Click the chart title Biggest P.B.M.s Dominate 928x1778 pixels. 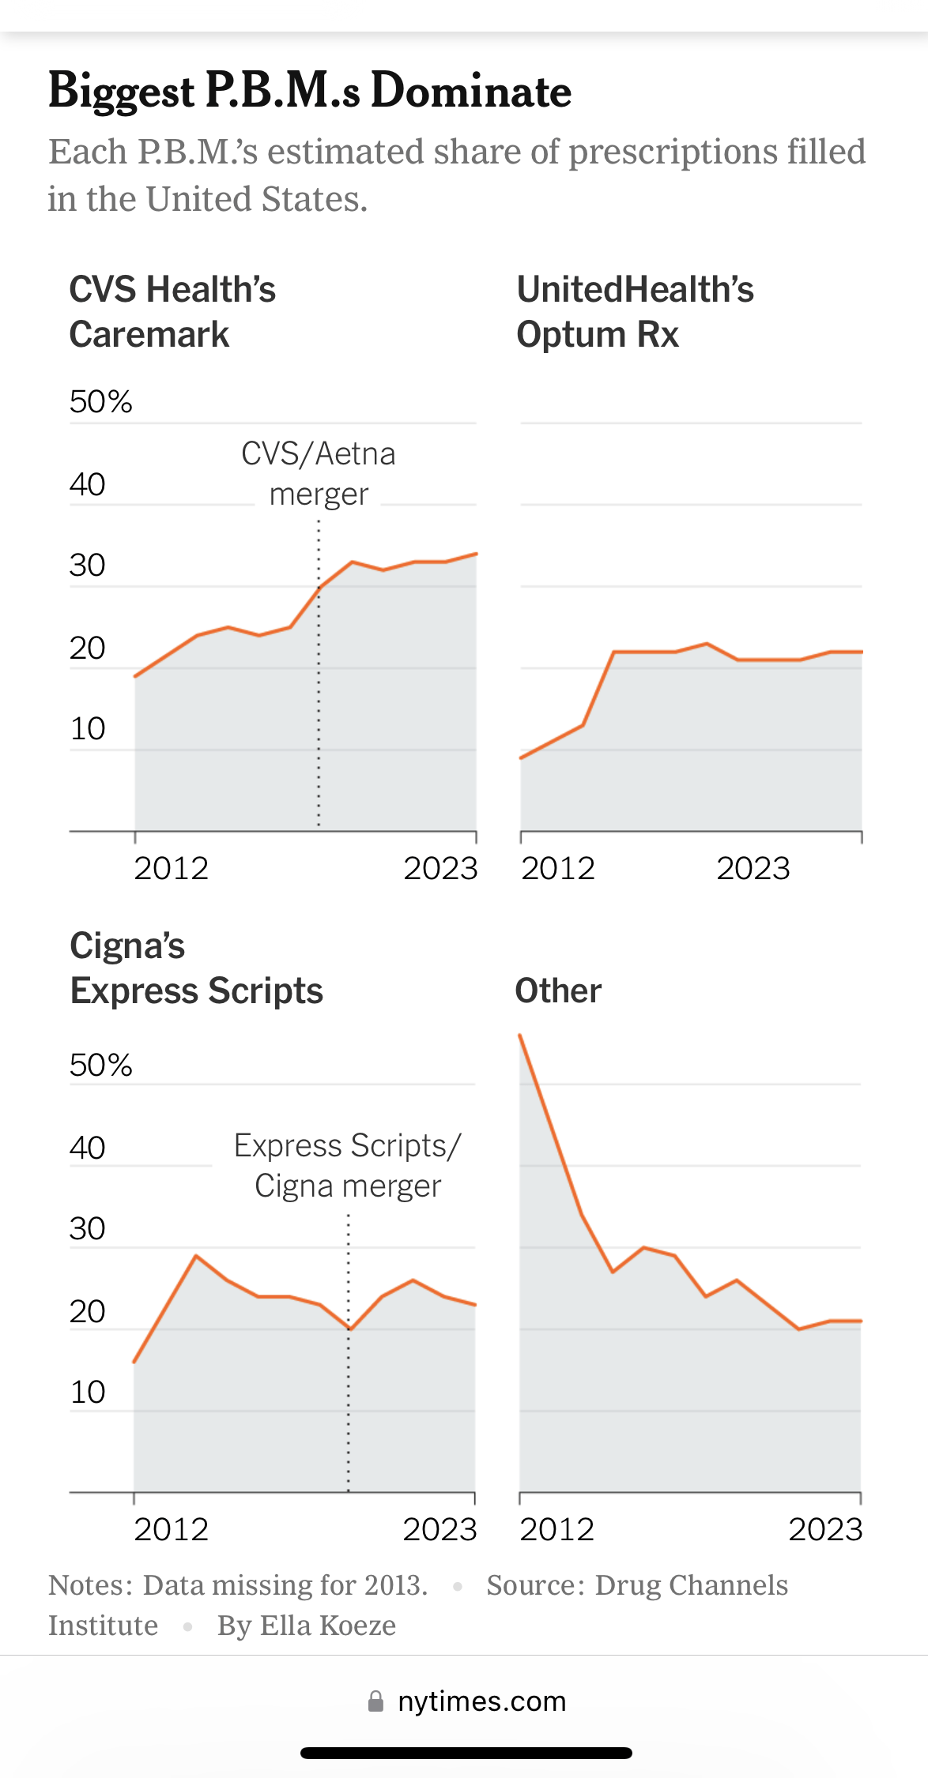click(309, 91)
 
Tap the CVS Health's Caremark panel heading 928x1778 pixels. click(172, 312)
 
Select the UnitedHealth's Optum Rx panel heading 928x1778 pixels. click(635, 312)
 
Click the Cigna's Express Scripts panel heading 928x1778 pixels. click(196, 968)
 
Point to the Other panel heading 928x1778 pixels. click(558, 990)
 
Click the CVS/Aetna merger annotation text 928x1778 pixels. click(318, 474)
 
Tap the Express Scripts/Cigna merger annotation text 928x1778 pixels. click(348, 1166)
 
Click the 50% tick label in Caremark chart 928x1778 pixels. click(100, 402)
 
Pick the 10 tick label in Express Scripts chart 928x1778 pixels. click(87, 1393)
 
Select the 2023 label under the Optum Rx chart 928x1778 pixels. click(753, 869)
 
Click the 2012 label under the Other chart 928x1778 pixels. click(556, 1530)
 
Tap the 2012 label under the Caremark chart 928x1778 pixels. click(171, 869)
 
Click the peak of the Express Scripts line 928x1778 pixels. click(196, 1256)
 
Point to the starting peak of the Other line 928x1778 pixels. click(520, 1036)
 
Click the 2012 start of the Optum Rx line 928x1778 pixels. click(521, 758)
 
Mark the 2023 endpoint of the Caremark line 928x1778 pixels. click(476, 554)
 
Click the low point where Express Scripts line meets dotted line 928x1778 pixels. click(349, 1329)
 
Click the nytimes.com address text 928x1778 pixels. click(481, 1701)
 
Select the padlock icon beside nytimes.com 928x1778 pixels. click(376, 1701)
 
